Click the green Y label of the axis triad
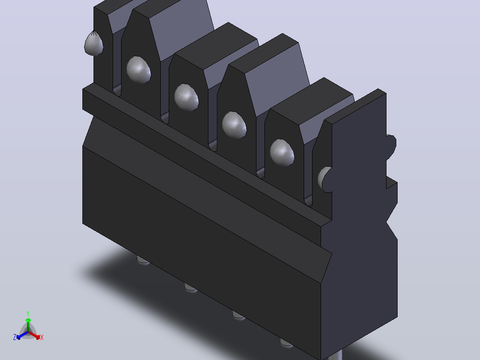(28, 313)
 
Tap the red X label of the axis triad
(42, 337)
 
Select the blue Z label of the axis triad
(14, 337)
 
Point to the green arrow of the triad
(28, 325)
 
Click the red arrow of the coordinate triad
(34, 335)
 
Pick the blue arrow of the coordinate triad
(22, 335)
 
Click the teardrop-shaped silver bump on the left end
(94, 44)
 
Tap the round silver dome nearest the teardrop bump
(138, 70)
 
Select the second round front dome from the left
(187, 98)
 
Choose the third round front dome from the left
(234, 125)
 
